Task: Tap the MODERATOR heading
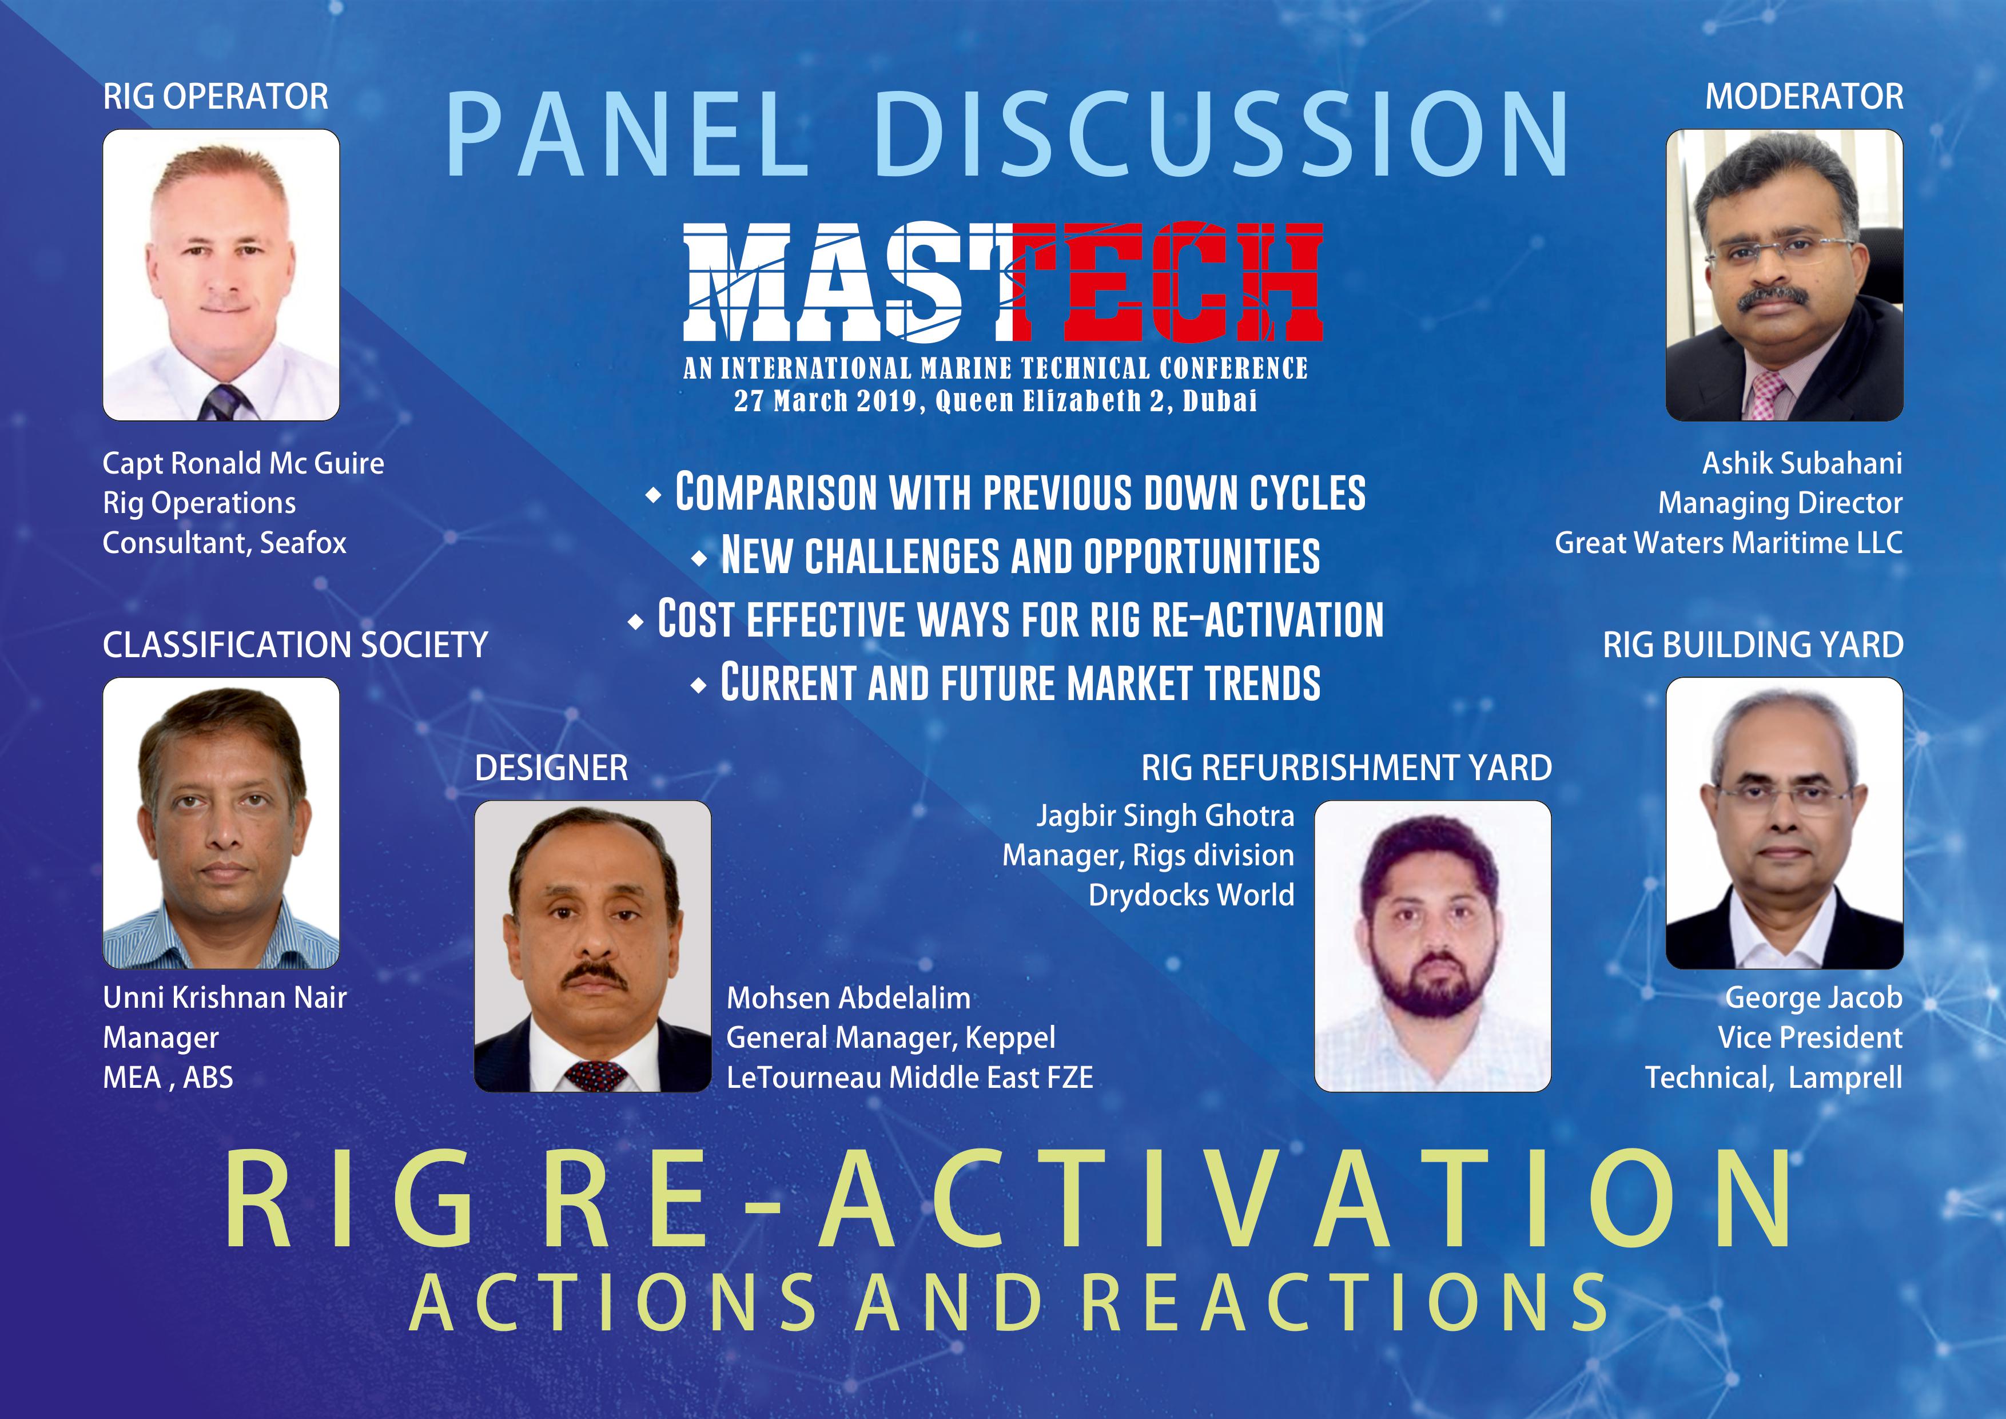pos(1804,96)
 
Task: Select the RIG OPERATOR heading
pos(216,96)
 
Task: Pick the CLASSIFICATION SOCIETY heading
pos(295,645)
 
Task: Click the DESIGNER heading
pos(551,768)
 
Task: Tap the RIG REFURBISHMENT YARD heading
pos(1346,768)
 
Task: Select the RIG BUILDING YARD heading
pos(1753,645)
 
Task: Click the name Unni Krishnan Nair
pos(225,997)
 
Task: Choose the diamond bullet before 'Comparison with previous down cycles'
pos(652,495)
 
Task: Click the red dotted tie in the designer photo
pos(595,1074)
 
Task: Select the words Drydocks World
pos(1191,895)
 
